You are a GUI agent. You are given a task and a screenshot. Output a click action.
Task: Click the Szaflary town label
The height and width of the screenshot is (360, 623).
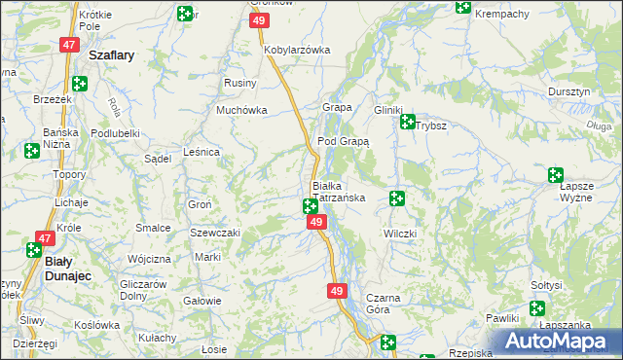click(111, 56)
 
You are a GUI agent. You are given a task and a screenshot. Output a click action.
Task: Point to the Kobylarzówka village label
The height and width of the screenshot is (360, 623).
click(298, 50)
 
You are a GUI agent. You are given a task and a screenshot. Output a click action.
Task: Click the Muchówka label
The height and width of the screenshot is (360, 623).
click(241, 110)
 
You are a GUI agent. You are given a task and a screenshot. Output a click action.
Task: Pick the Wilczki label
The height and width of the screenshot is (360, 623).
click(400, 234)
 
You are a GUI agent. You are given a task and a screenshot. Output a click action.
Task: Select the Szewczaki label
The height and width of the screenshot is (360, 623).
click(215, 234)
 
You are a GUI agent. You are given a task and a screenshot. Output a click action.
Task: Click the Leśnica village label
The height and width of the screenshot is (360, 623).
click(202, 152)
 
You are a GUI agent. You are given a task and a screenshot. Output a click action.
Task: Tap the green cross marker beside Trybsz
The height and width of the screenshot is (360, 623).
click(408, 123)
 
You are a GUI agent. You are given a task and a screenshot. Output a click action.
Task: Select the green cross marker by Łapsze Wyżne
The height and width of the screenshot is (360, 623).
click(556, 175)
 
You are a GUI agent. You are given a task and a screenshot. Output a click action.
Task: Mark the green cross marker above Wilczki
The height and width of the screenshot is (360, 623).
click(397, 198)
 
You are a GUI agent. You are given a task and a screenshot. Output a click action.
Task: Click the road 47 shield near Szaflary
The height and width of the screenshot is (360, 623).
click(68, 45)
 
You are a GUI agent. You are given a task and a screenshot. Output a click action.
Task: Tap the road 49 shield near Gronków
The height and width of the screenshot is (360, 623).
click(258, 20)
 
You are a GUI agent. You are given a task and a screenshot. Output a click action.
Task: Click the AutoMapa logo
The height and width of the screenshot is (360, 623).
click(556, 341)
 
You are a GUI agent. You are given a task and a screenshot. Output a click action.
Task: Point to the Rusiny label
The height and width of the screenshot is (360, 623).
click(239, 83)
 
